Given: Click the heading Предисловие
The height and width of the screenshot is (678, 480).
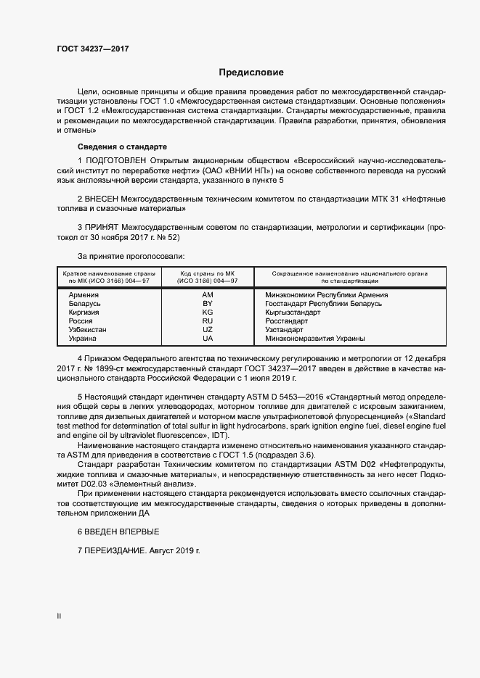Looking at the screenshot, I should (251, 73).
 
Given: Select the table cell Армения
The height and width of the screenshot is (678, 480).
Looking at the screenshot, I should (84, 295).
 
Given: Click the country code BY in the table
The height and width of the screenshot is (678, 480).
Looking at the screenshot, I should (208, 304).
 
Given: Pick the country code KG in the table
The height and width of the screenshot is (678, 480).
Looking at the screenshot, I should (208, 313).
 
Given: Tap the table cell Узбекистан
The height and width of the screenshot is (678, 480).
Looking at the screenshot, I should (87, 330).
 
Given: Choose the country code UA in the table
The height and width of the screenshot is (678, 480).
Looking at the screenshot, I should (208, 339).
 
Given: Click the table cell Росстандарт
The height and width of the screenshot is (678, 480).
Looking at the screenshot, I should (287, 321).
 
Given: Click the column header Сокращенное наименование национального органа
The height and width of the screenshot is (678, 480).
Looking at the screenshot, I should (349, 273).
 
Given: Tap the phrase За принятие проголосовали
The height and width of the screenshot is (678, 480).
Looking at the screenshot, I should (131, 256).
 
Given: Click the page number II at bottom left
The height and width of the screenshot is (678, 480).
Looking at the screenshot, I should (59, 616).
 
